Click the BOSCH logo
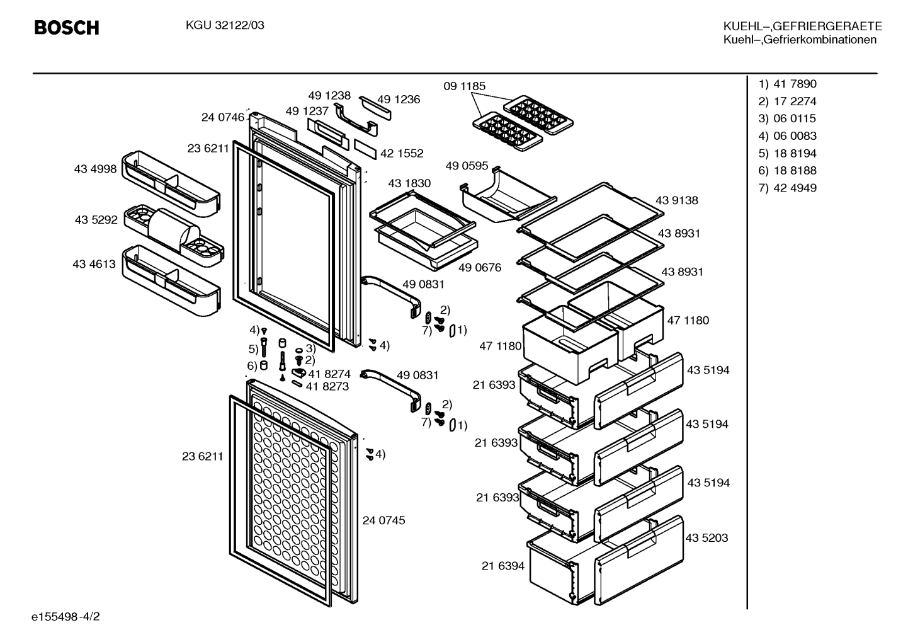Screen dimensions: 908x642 pyautogui.click(x=67, y=28)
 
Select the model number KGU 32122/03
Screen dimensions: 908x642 pyautogui.click(x=225, y=26)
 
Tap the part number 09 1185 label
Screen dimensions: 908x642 pyautogui.click(x=465, y=86)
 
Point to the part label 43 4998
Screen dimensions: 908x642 pyautogui.click(x=95, y=169)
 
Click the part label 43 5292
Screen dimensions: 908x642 pyautogui.click(x=96, y=219)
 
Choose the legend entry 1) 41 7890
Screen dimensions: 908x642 pyautogui.click(x=787, y=84)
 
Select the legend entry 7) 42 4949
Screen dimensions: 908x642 pyautogui.click(x=787, y=188)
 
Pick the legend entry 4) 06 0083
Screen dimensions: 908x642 pyautogui.click(x=787, y=136)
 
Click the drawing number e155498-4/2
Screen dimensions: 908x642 pyautogui.click(x=65, y=617)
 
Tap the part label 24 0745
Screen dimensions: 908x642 pyautogui.click(x=383, y=520)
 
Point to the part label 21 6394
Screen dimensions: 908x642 pyautogui.click(x=503, y=566)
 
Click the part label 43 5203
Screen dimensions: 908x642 pyautogui.click(x=707, y=538)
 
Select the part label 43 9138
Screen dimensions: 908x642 pyautogui.click(x=677, y=200)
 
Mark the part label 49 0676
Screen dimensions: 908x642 pyautogui.click(x=480, y=268)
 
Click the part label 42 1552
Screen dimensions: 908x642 pyautogui.click(x=402, y=153)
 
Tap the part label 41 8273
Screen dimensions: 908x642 pyautogui.click(x=327, y=386)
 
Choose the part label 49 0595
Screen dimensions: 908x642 pyautogui.click(x=467, y=166)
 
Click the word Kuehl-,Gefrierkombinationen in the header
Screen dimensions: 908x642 pyautogui.click(x=800, y=40)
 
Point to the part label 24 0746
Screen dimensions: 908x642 pyautogui.click(x=223, y=117)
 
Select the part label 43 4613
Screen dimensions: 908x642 pyautogui.click(x=94, y=264)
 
